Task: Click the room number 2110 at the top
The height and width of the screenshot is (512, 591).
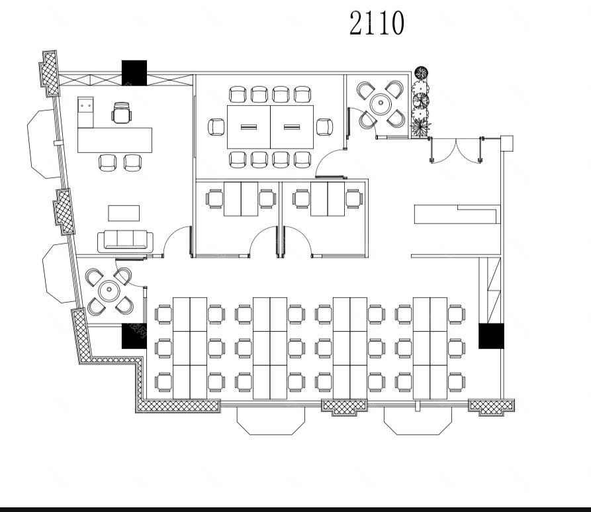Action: (x=377, y=23)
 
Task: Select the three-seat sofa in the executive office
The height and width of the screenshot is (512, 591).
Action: (x=125, y=241)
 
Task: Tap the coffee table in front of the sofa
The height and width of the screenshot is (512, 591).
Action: (x=124, y=213)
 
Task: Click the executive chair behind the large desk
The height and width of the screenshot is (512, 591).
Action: (x=122, y=113)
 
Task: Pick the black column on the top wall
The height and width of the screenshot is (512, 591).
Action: (x=134, y=72)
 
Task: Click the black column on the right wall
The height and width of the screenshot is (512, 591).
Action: (x=491, y=336)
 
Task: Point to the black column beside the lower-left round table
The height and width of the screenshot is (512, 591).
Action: (x=134, y=336)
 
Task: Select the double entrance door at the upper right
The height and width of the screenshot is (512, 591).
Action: (x=456, y=150)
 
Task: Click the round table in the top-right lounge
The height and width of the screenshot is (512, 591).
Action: (x=381, y=103)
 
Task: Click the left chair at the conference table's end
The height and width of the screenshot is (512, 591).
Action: (x=216, y=127)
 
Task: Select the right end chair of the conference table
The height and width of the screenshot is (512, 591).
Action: (x=324, y=127)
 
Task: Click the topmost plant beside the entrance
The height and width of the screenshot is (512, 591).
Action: (x=421, y=72)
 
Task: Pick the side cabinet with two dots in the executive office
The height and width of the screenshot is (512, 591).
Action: (x=85, y=112)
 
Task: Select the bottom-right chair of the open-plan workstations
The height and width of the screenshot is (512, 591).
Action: (x=457, y=382)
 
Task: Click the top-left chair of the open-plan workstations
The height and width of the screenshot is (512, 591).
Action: (x=163, y=315)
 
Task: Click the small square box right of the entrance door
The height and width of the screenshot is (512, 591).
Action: (x=506, y=143)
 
